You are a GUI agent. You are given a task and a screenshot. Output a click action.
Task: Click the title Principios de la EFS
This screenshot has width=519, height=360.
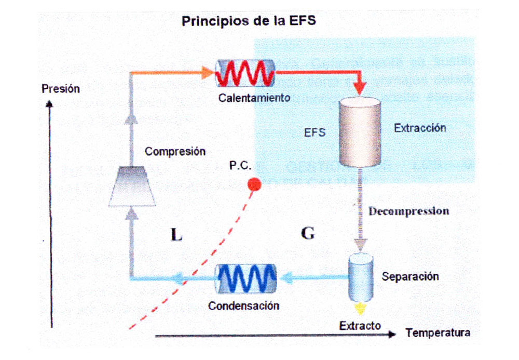coord(248,21)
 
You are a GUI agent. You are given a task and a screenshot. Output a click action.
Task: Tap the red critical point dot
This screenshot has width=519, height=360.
coord(254,183)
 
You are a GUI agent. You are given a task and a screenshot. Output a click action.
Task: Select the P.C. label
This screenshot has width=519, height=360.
coord(240,166)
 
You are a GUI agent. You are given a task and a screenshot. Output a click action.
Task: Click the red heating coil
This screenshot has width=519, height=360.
coord(245,74)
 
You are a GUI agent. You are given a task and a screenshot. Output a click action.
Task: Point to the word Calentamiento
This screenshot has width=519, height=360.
coord(254,97)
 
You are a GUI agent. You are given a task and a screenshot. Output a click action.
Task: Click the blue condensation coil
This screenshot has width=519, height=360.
coord(245,279)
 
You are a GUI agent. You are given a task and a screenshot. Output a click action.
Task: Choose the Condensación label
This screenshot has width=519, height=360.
coord(243,305)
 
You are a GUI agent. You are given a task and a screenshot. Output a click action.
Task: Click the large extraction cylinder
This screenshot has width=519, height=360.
coord(360,132)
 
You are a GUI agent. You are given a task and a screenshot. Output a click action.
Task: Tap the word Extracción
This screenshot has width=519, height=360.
coord(419,127)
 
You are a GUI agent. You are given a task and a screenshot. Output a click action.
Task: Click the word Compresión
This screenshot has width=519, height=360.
coord(175,152)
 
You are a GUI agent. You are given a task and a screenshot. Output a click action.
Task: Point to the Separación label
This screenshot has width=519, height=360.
coord(410,276)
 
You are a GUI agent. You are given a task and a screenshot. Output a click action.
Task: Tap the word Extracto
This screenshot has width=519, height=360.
coord(360,326)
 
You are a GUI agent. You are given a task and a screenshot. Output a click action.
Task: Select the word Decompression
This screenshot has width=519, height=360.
coord(409,211)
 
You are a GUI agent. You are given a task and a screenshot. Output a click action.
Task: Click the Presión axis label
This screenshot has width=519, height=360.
coord(61,89)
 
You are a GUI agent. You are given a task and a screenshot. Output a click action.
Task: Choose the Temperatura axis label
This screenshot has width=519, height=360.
coord(438,332)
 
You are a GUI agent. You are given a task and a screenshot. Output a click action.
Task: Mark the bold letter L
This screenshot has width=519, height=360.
coord(176,235)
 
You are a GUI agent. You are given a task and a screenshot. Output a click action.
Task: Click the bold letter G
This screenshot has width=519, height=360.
coord(308,234)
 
